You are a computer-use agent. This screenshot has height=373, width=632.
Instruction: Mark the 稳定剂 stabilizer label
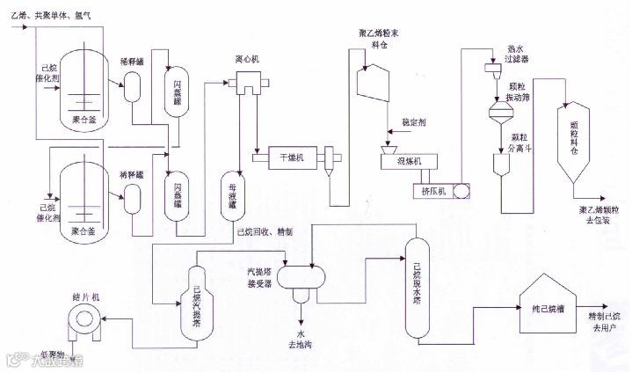[x=413, y=123]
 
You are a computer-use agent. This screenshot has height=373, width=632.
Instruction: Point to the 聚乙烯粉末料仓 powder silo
[x=368, y=81]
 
